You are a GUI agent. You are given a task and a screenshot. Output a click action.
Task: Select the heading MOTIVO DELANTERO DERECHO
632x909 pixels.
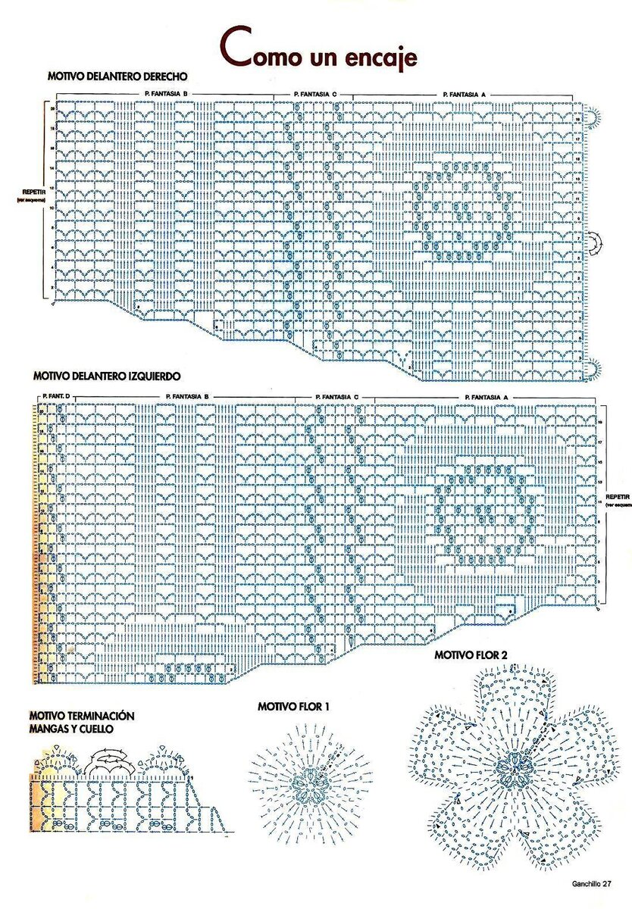click(117, 77)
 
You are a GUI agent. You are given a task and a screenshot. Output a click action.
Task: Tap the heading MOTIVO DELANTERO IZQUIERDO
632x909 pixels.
click(106, 375)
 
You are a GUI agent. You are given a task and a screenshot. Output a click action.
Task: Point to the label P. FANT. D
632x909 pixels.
click(56, 397)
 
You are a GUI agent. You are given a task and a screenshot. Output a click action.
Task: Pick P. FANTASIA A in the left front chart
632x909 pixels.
click(487, 397)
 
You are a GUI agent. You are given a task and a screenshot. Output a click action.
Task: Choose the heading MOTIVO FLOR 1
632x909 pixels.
click(293, 706)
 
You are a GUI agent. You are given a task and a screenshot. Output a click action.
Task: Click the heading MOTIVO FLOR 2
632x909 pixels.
click(471, 654)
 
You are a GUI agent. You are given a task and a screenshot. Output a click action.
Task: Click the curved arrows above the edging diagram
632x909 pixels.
click(111, 761)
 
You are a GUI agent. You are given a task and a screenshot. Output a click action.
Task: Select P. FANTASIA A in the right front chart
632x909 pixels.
click(463, 94)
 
